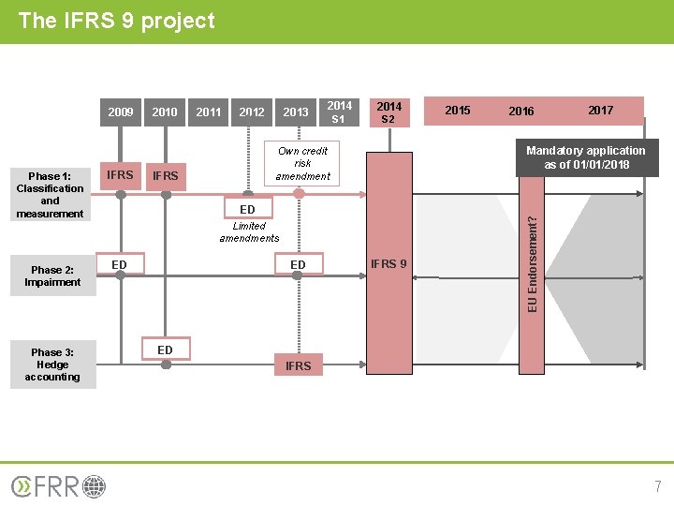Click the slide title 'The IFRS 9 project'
pos(116,21)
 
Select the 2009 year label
pos(121,112)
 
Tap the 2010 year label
pos(165,112)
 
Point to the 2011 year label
pos(209,112)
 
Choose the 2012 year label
pos(252,112)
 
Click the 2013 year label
pos(296,112)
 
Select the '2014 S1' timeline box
pos(339,112)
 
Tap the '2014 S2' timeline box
pos(388,112)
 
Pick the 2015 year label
pos(458,111)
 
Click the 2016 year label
pos(521,112)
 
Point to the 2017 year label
pos(600,111)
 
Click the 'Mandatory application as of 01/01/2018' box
pos(586,157)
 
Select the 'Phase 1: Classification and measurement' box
pos(51,195)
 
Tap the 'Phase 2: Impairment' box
pos(52,275)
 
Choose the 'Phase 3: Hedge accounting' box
pos(52,365)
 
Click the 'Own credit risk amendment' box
pos(302,163)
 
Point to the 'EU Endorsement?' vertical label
pos(532,264)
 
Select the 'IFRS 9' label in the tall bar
pos(388,264)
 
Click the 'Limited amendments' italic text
pos(249,231)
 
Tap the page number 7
pos(657,486)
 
